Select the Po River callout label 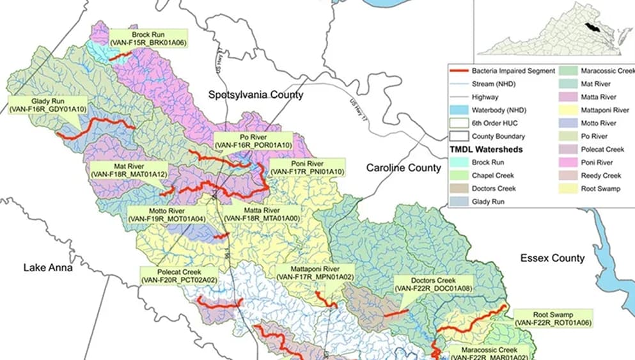[253, 141]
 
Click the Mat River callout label [129, 169]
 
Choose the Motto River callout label [166, 214]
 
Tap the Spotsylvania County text [256, 95]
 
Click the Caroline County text [403, 168]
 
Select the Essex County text [552, 258]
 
